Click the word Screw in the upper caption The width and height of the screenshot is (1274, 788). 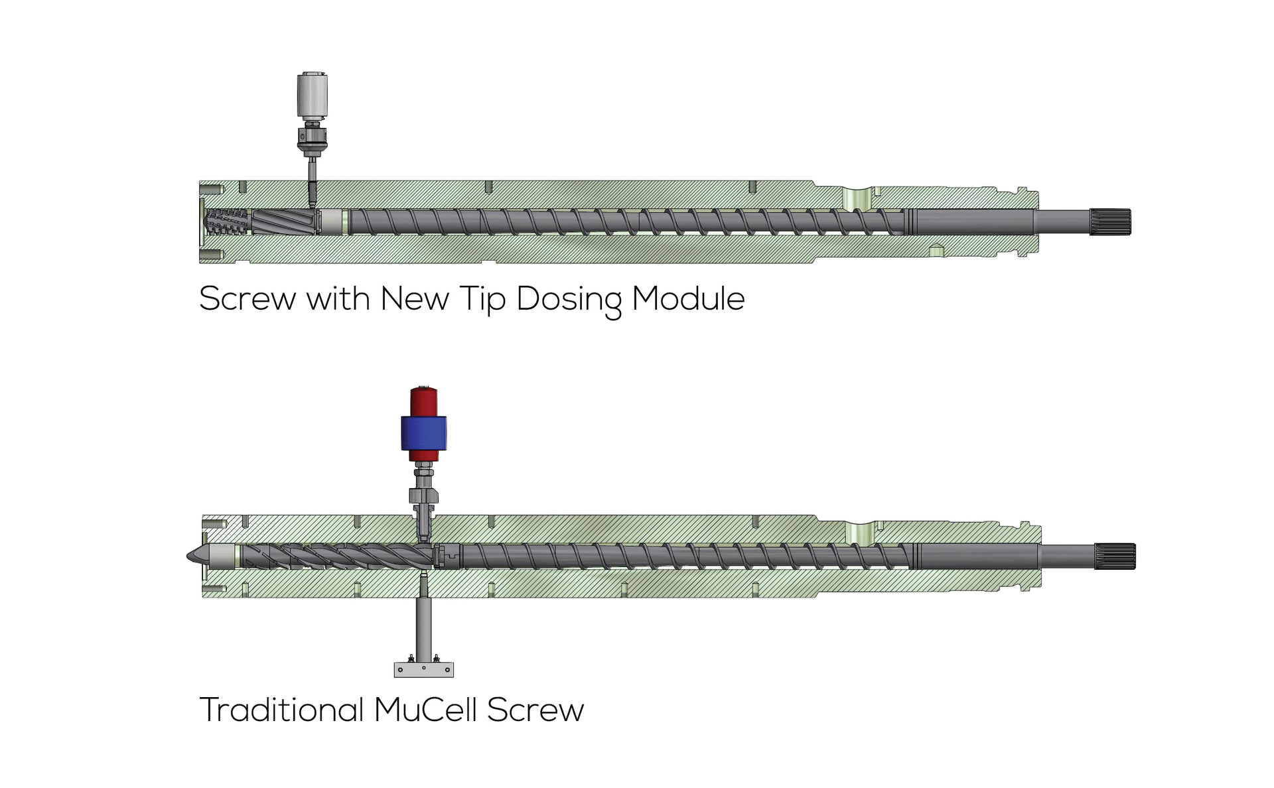(247, 299)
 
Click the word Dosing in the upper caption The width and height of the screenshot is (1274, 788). (569, 299)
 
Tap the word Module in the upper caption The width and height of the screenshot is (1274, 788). (688, 298)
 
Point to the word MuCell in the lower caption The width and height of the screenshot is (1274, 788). (425, 710)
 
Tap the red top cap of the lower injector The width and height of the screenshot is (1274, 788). (423, 401)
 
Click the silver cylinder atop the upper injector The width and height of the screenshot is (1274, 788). (312, 94)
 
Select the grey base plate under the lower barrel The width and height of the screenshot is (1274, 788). (423, 669)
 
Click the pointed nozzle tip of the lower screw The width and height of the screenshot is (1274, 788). (194, 556)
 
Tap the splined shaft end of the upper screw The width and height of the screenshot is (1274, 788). (1110, 222)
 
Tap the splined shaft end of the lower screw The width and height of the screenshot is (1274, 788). (1115, 556)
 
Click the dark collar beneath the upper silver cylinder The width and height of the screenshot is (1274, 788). (312, 138)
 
